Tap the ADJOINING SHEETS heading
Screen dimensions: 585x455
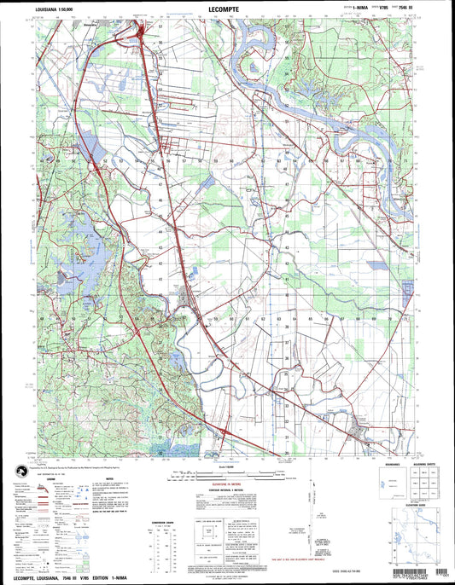(425, 464)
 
